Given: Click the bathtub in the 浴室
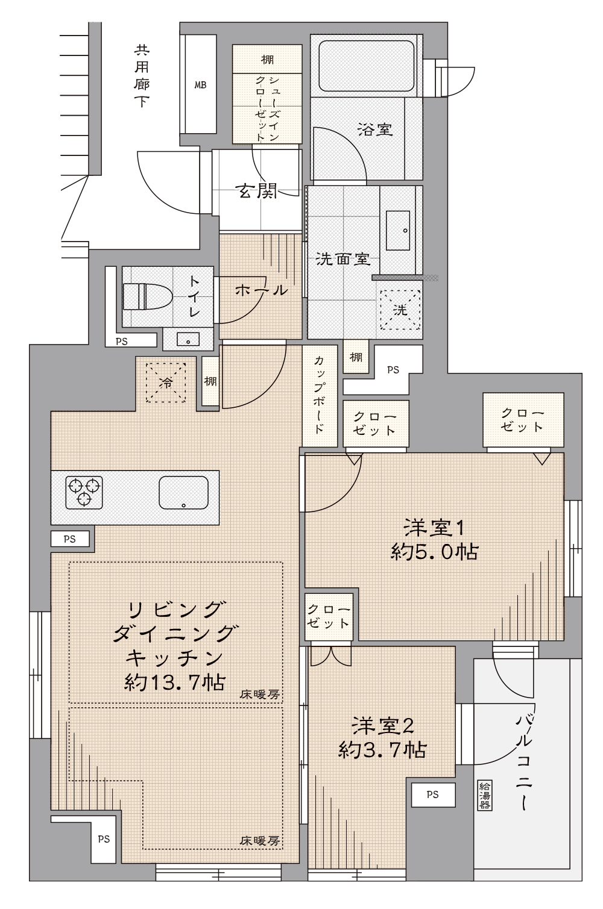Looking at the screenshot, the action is click(x=367, y=66).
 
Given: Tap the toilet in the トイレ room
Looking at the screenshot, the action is click(x=147, y=296).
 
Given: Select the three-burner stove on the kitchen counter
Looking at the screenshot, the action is click(x=84, y=492).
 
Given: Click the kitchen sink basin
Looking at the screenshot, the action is click(x=184, y=492).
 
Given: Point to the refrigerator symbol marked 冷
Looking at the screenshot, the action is click(x=166, y=383).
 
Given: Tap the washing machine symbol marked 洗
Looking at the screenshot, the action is click(x=400, y=310).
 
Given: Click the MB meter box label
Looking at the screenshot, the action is click(x=200, y=85).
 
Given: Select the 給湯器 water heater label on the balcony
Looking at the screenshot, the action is click(x=484, y=796).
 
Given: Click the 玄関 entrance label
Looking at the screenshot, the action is click(x=256, y=190).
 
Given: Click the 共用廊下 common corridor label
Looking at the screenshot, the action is click(x=142, y=76).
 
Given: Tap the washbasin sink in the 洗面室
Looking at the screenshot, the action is click(x=398, y=230).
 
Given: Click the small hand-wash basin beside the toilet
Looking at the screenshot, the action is click(x=188, y=339).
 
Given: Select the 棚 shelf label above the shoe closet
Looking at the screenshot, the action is click(x=267, y=60).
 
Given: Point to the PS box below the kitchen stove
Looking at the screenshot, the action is click(x=70, y=539).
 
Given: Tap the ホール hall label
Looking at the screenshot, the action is click(x=261, y=290).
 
